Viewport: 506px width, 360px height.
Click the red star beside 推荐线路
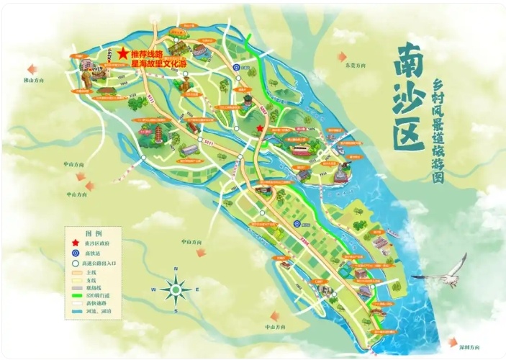123,54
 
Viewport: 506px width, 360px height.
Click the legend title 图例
94,233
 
